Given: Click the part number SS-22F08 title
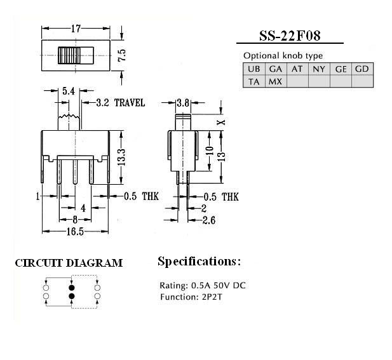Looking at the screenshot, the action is pos(290,36).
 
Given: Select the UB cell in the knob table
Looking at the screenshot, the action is pos(253,69).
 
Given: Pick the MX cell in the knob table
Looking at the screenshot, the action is pos(276,81).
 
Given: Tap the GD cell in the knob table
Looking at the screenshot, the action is pos(362,69).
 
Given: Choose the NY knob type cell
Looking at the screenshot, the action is pos(319,69).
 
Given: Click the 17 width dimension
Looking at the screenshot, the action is pos(76,29).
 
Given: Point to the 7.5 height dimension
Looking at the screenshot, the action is pos(122,55).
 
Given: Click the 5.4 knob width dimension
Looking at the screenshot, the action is pos(69,91).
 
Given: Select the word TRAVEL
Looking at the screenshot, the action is pos(130,103).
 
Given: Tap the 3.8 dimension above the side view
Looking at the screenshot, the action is pos(183,103).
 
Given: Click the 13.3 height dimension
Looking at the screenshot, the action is pos(121,157).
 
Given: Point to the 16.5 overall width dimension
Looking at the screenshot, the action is pos(75,232).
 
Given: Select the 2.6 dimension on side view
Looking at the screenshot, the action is pos(209,220).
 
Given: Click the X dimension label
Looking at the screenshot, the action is pos(221,123).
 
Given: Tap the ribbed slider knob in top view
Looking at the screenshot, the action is pos(69,55).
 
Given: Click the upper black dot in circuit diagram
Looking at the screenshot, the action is pos(72,288).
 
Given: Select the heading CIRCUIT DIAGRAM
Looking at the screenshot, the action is pos(69,263).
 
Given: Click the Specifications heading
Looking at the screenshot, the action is pos(199,262).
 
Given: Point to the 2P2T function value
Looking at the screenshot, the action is pos(212,297).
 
